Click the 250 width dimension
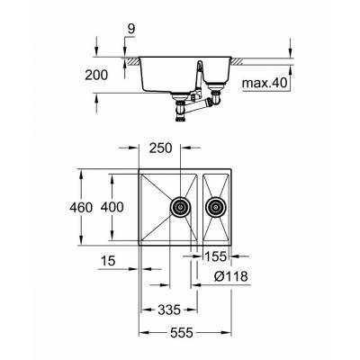tap(161, 147)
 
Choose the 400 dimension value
tap(112, 206)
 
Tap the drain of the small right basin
tap(215, 206)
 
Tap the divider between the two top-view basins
tap(196, 206)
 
